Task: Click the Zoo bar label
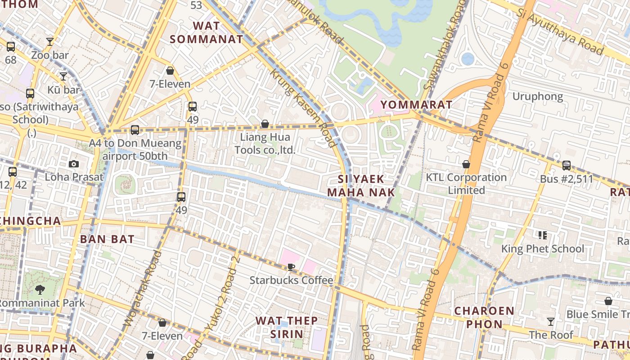pos(50,55)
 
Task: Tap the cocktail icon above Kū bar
pos(63,76)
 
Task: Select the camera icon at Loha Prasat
pos(74,164)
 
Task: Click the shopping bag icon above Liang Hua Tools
pos(265,124)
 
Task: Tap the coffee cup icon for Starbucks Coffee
pos(291,267)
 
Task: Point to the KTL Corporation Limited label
pos(466,184)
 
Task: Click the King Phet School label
pos(543,248)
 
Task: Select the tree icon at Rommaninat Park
pos(40,289)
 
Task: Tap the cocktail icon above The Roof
pos(550,321)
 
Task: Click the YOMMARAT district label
pos(416,105)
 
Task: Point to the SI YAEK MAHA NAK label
pos(361,186)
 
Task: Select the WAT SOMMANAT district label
pos(207,32)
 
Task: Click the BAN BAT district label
pos(107,239)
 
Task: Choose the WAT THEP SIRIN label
pos(287,327)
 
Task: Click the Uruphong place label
pos(538,96)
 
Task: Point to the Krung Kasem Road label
pos(302,108)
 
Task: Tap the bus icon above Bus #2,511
pos(567,166)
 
